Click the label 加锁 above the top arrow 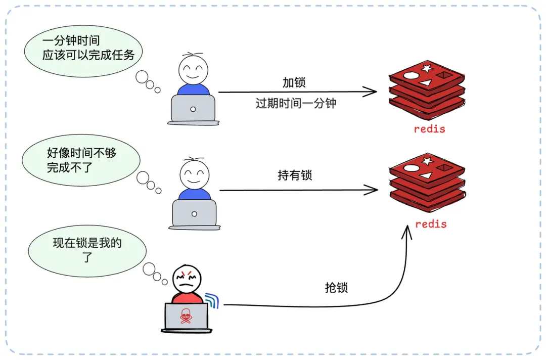(294, 82)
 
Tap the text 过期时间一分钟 (296, 104)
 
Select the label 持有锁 (295, 175)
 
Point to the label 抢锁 (336, 288)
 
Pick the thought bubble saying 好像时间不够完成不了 (81, 160)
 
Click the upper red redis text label (429, 129)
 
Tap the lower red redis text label (431, 224)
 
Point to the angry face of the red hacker (187, 279)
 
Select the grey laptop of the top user (193, 109)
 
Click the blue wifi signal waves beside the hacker (212, 300)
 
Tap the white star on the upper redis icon (427, 68)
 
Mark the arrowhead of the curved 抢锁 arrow (406, 233)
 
